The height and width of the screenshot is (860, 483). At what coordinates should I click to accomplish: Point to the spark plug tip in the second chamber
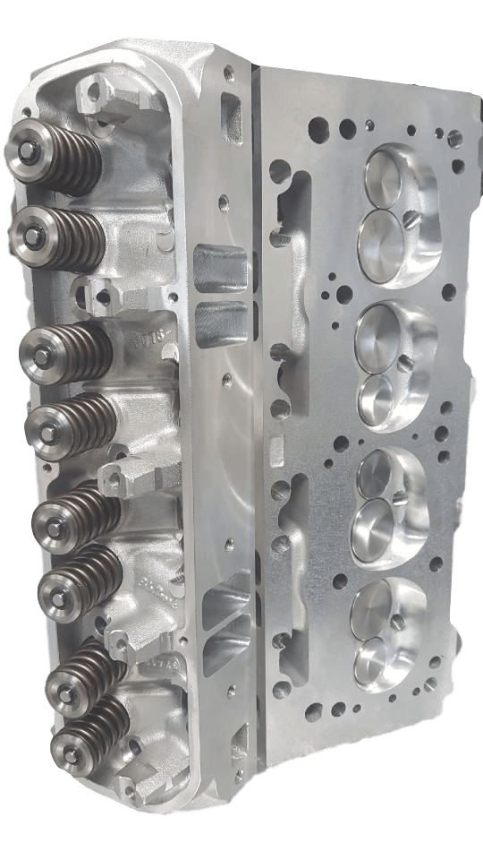coord(404,361)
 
